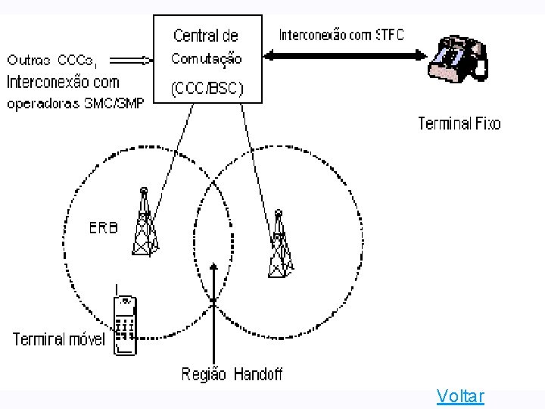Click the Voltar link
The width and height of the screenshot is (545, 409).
[460, 395]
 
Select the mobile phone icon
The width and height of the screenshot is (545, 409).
[124, 326]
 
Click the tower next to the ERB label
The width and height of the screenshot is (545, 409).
[145, 223]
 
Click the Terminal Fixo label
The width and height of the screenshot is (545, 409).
[459, 123]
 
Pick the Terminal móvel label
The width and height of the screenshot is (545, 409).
[58, 339]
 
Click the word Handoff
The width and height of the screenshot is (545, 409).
[257, 374]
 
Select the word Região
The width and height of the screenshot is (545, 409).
[204, 374]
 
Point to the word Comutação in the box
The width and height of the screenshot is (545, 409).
[207, 58]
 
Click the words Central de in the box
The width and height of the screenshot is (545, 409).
[206, 35]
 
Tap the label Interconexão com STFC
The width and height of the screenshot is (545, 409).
[341, 35]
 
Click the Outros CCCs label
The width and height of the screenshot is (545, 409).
[57, 59]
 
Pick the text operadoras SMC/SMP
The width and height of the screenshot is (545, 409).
[75, 105]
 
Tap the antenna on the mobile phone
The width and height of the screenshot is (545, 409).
[116, 289]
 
